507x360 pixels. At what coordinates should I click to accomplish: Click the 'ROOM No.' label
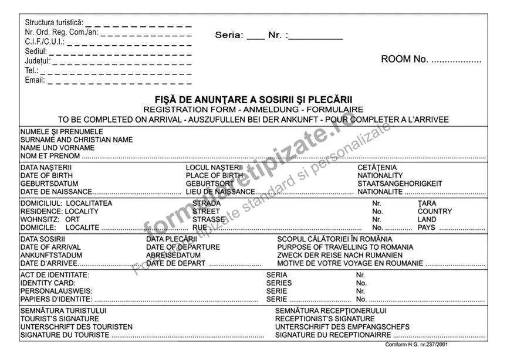click(404, 59)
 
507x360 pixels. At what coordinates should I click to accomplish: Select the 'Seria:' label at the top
click(229, 35)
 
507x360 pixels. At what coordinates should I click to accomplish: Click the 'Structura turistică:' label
click(54, 22)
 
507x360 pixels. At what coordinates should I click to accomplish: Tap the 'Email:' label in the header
click(35, 80)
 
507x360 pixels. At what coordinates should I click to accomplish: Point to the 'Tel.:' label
click(31, 70)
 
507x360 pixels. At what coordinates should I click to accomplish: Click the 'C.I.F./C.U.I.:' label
click(45, 42)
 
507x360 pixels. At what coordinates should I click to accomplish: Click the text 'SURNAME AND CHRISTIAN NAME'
click(76, 140)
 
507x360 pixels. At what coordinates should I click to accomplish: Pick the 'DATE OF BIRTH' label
click(47, 175)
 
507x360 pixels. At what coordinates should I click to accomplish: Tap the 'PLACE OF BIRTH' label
click(214, 175)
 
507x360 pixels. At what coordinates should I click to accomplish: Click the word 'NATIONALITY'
click(380, 175)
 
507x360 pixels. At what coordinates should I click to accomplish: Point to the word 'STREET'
click(206, 211)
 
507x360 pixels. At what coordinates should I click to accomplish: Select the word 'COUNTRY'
click(435, 211)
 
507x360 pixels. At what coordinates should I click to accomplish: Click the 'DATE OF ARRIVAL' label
click(50, 247)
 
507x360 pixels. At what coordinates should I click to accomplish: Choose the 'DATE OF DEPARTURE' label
click(183, 247)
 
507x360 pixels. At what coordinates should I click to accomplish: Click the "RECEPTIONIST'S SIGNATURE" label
click(325, 318)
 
